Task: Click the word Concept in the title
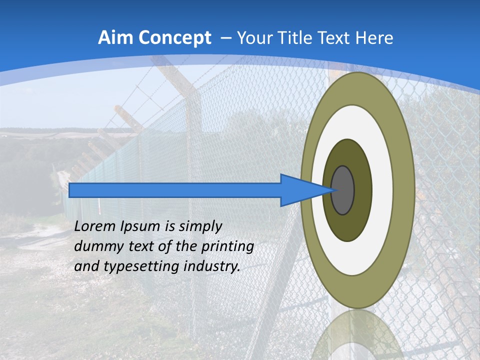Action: click(175, 38)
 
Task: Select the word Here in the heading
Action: click(374, 38)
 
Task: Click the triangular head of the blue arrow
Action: click(300, 190)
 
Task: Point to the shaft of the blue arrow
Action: click(175, 190)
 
